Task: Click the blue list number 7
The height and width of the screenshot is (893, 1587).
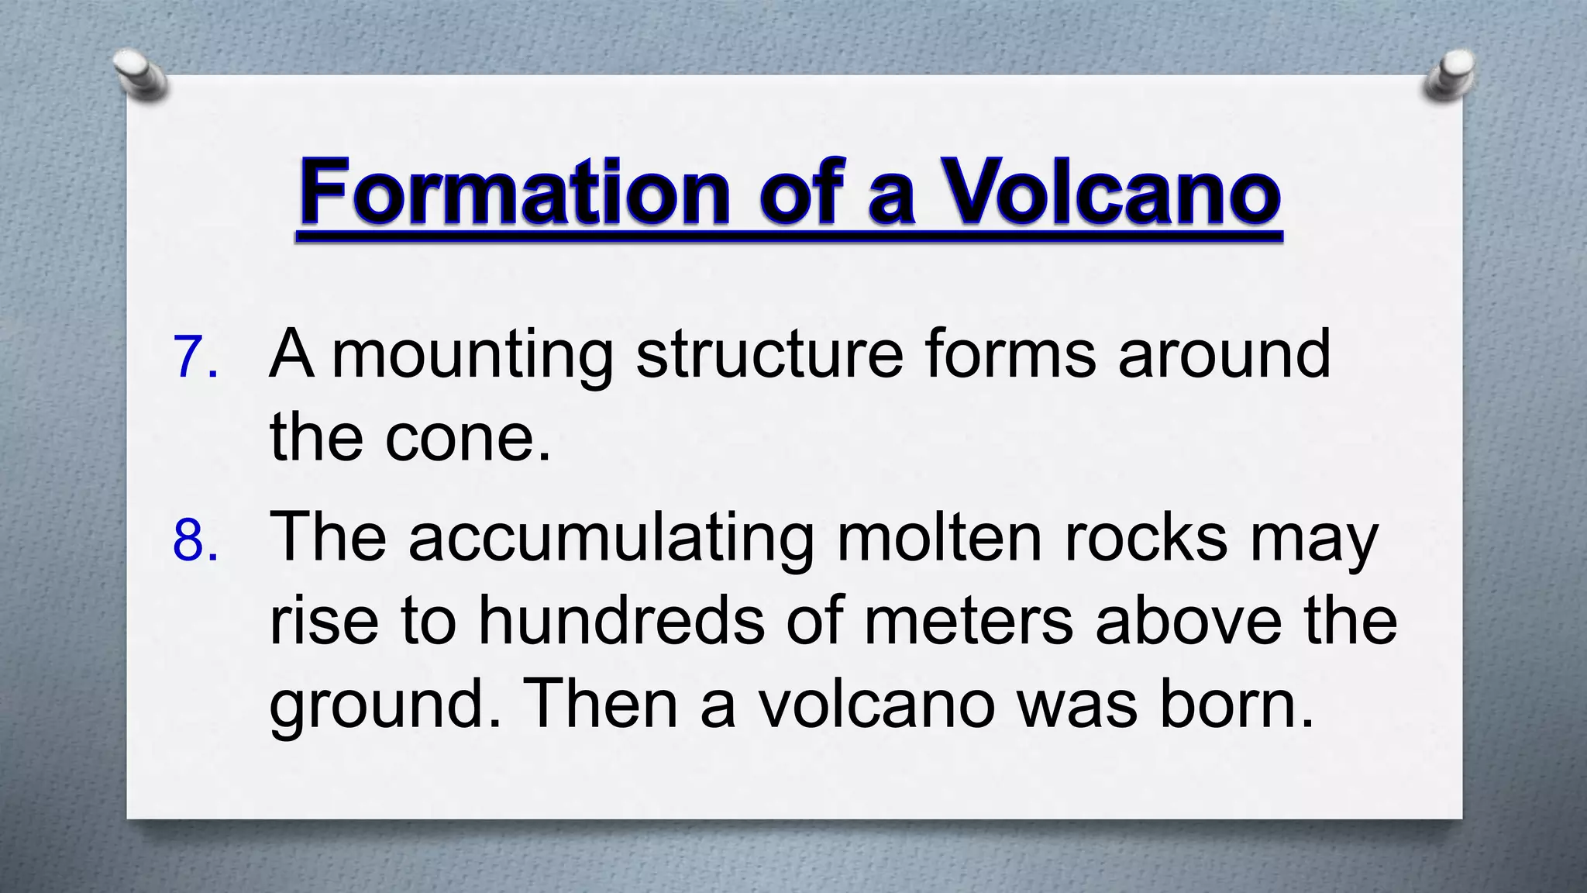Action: pyautogui.click(x=195, y=357)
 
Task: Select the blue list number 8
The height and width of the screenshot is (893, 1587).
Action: pyautogui.click(x=195, y=540)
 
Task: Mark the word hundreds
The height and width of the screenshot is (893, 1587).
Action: pyautogui.click(x=621, y=621)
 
